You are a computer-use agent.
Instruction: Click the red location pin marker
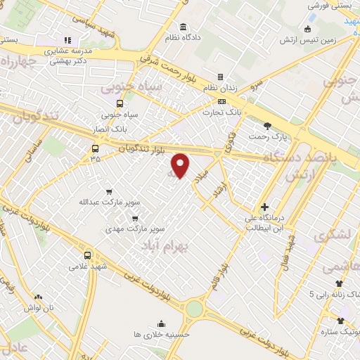pyautogui.click(x=181, y=165)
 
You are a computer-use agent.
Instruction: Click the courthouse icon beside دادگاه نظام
pyautogui.click(x=183, y=27)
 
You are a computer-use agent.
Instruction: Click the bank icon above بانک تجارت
pyautogui.click(x=221, y=101)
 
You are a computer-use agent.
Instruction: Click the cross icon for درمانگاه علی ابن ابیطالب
pyautogui.click(x=264, y=207)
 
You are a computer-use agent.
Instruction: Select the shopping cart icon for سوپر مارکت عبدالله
pyautogui.click(x=108, y=191)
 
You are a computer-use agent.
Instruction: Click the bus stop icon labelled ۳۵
pyautogui.click(x=95, y=148)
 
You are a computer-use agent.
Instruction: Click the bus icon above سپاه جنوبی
pyautogui.click(x=119, y=103)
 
